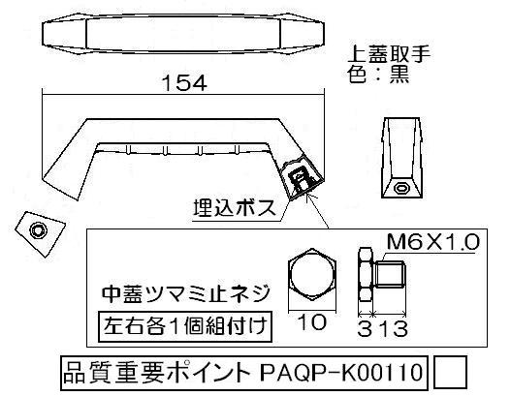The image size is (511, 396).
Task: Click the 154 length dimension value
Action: point(184,83)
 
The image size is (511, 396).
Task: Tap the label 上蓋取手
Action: point(389,54)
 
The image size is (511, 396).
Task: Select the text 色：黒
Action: point(378,75)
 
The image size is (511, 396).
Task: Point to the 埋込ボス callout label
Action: point(235,208)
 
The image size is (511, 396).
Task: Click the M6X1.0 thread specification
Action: point(433,242)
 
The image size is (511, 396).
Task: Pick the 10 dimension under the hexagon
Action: point(312,322)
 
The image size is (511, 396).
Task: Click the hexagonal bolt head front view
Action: point(312,274)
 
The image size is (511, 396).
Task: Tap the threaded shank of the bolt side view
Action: point(389,275)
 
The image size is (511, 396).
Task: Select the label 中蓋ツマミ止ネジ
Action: point(186,293)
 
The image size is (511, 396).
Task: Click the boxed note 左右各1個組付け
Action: point(185,326)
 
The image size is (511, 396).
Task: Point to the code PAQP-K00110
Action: point(341,373)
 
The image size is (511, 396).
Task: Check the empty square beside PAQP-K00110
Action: point(450,373)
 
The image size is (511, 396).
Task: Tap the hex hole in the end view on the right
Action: point(401,188)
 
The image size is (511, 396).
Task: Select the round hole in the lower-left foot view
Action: point(38,230)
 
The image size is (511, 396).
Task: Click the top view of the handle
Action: point(183,34)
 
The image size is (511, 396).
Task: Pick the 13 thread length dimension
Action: point(390,328)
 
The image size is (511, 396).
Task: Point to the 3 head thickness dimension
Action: point(365,329)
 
